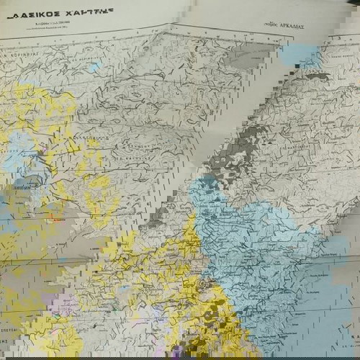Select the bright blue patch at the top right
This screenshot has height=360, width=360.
pyautogui.click(x=301, y=55)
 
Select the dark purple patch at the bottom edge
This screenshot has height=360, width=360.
pyautogui.click(x=177, y=351)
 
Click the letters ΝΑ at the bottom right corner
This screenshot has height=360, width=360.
pyautogui.click(x=354, y=338)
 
